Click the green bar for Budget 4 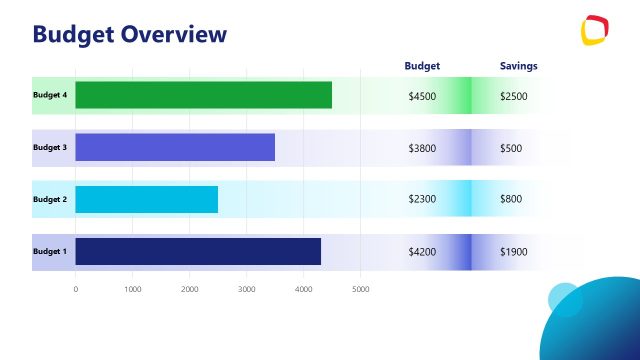click(x=203, y=95)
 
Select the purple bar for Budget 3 click(x=175, y=147)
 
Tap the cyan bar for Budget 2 click(x=146, y=199)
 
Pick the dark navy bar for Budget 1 click(x=198, y=251)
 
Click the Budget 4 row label click(x=50, y=95)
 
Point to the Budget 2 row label click(x=50, y=199)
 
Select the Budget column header click(x=422, y=66)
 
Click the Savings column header click(x=518, y=66)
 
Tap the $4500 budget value click(x=422, y=96)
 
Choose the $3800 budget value click(x=422, y=148)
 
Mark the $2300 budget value click(x=422, y=200)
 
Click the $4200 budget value click(x=422, y=252)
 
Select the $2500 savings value click(x=513, y=96)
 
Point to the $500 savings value click(x=510, y=148)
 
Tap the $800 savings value click(x=510, y=200)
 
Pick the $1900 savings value click(x=513, y=252)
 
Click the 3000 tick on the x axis click(x=247, y=289)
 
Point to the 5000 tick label click(x=361, y=289)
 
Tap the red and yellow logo click(x=596, y=30)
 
